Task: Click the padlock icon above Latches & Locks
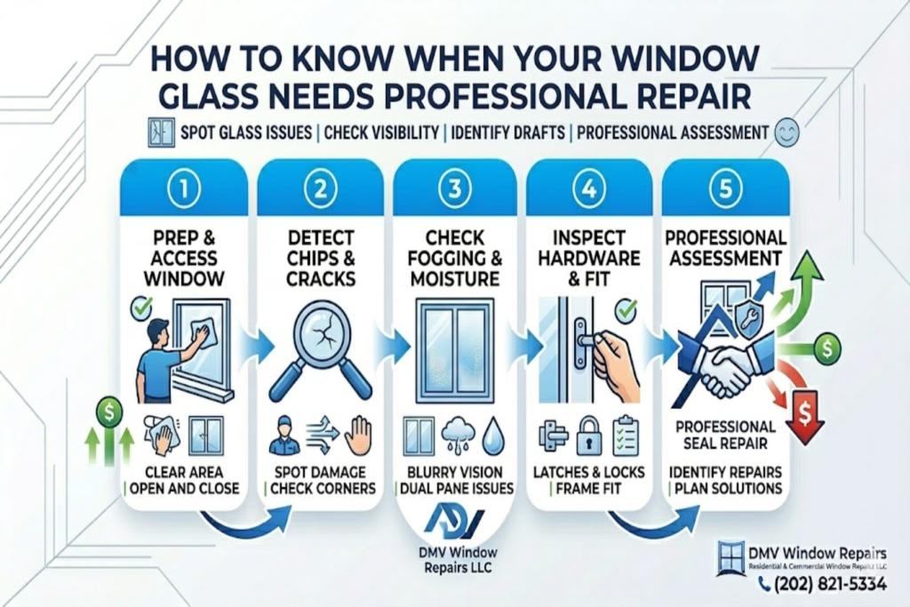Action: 588,436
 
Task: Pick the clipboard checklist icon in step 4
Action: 626,435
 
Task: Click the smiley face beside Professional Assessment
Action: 787,132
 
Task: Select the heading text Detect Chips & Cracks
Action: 321,258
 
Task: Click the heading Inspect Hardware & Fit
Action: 594,258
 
